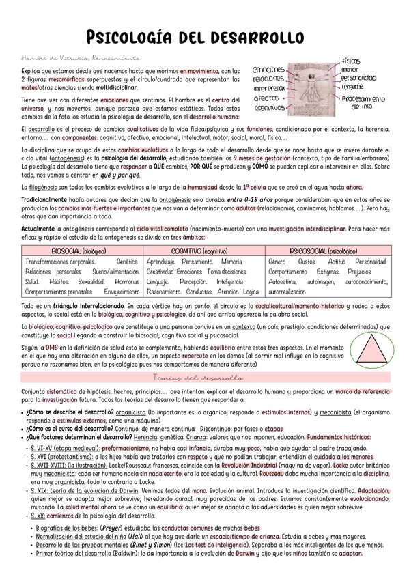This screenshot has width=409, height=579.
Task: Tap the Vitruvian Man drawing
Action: click(x=311, y=85)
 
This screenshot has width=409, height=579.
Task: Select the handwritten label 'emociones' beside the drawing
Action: click(x=268, y=70)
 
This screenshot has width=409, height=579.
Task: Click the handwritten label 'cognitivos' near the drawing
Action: click(x=269, y=108)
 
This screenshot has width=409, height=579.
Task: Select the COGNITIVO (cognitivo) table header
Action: click(x=205, y=251)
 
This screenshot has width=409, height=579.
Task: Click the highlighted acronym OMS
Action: click(x=52, y=348)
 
